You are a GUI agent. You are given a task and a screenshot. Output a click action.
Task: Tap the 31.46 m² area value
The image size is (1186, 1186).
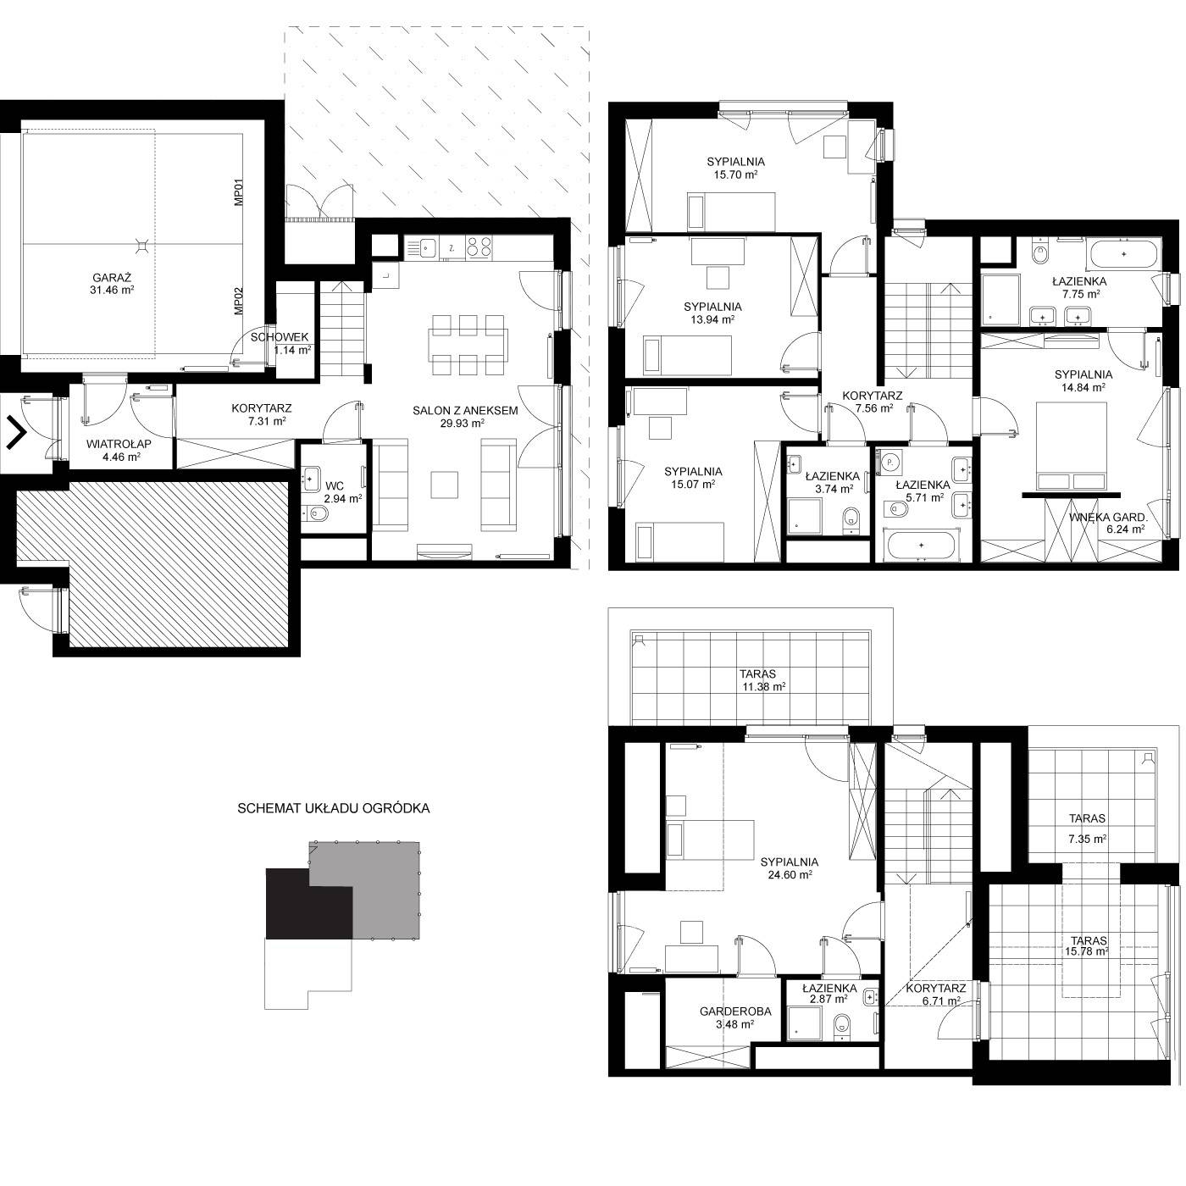[x=112, y=291]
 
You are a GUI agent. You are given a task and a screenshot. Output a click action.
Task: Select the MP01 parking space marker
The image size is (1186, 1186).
[x=240, y=192]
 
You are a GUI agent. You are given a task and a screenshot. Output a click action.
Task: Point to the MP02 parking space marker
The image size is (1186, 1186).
[x=240, y=302]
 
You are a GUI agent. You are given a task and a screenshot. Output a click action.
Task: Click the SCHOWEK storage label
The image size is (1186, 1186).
[x=280, y=337]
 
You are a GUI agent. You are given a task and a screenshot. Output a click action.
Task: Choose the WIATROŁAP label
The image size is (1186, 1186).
[x=119, y=444]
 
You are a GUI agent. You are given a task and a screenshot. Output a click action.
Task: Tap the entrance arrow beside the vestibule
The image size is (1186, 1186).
[x=17, y=433]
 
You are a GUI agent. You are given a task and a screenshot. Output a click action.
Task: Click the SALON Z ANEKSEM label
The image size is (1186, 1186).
[x=465, y=411]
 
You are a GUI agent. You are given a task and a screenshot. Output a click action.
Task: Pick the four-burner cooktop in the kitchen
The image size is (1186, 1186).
[x=479, y=247]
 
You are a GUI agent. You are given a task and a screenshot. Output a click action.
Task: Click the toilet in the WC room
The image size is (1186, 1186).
[x=315, y=513]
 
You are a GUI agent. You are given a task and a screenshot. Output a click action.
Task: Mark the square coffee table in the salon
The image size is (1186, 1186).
[x=445, y=485]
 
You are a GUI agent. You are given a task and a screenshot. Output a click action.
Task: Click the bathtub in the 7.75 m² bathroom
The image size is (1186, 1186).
[x=1124, y=254]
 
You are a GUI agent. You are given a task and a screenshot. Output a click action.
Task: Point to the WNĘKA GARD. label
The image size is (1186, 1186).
[x=1108, y=518]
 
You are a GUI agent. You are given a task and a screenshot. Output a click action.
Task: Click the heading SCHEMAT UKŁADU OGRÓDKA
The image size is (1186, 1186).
[x=334, y=809]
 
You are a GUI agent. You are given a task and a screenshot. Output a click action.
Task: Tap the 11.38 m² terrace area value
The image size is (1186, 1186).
[x=764, y=687]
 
